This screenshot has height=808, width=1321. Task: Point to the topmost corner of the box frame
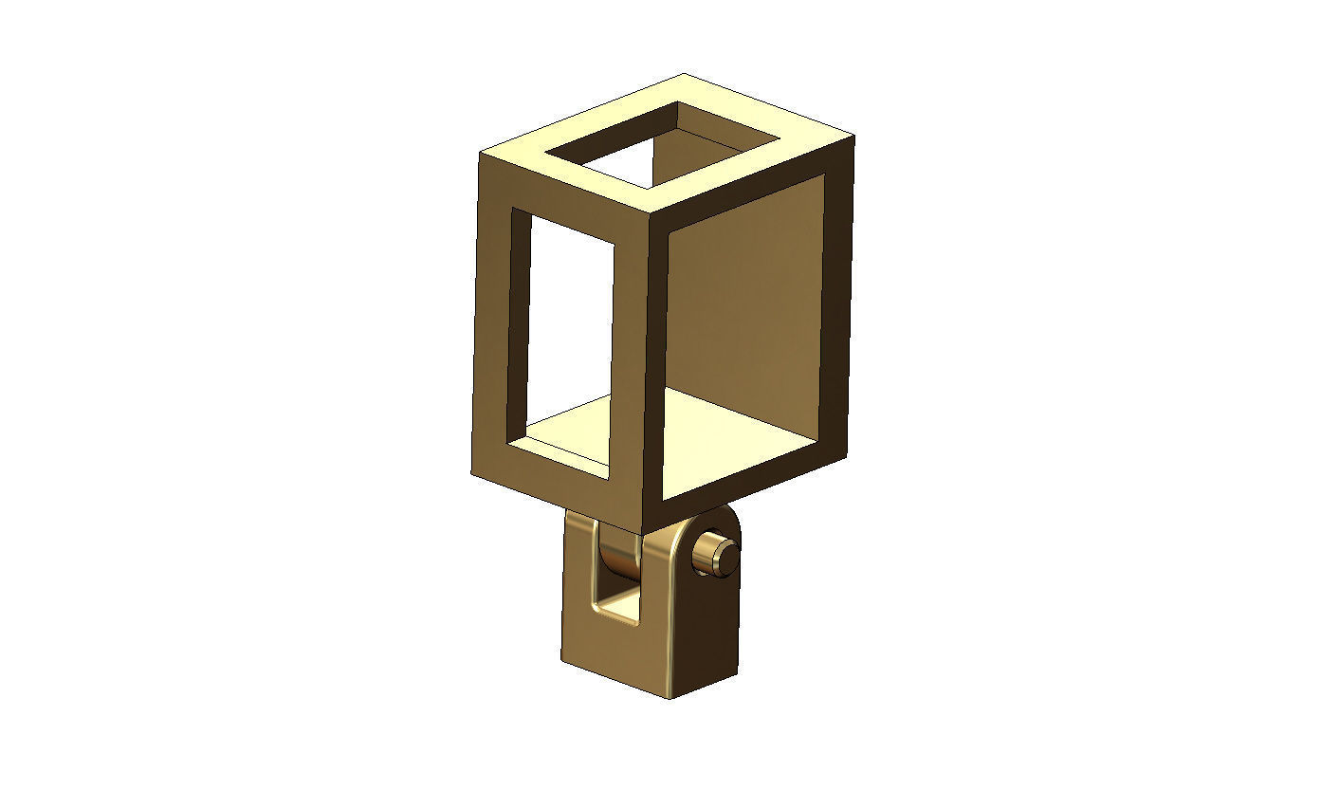point(683,74)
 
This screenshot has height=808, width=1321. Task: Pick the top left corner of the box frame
point(479,152)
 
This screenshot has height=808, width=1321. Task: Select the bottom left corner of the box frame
point(472,473)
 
